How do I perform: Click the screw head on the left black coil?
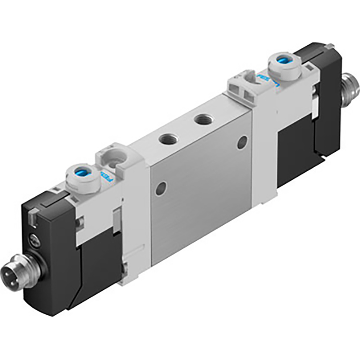(x=34, y=240)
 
